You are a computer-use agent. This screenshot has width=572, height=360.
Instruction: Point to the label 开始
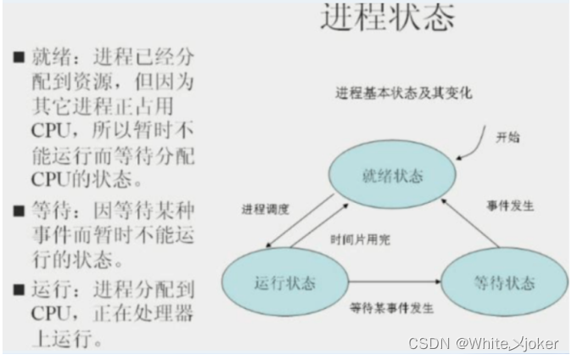pos(508,138)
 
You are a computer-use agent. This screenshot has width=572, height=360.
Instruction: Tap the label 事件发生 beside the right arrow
pos(510,205)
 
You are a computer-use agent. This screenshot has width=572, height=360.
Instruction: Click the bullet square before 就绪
pos(18,59)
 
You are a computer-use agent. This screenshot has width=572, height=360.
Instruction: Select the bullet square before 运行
pos(18,290)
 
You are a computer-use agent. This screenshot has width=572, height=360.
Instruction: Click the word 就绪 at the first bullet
pos(48,59)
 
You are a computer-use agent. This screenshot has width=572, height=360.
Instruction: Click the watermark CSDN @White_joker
pos(483,343)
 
